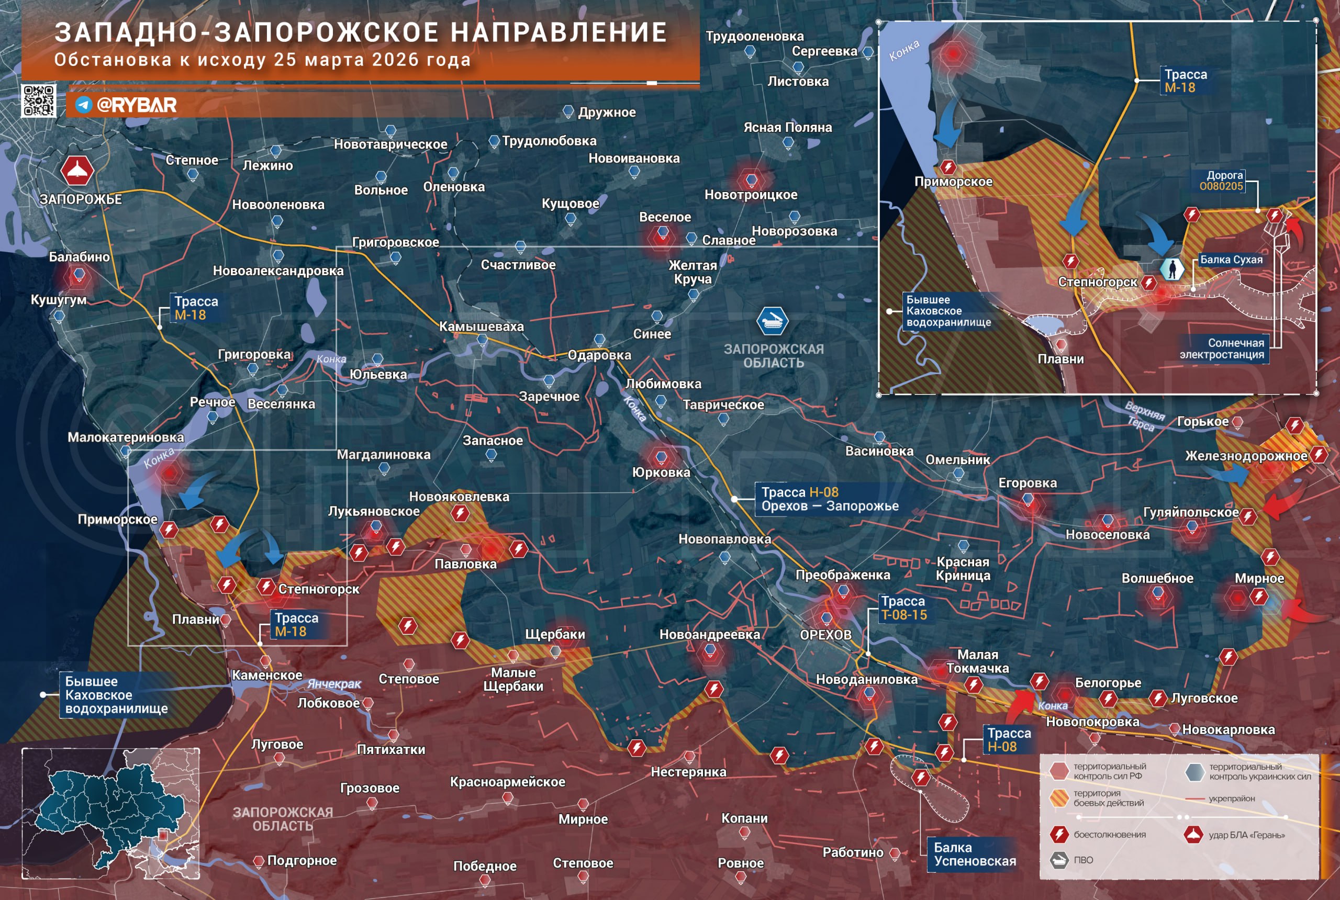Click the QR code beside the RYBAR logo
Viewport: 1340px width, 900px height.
38,100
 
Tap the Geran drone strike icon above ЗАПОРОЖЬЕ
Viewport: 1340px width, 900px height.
77,171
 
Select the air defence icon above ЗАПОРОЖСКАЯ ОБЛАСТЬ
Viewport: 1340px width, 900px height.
772,321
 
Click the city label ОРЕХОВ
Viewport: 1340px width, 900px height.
825,635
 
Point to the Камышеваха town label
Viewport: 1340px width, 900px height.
481,327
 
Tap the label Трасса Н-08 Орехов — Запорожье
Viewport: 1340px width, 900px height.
829,499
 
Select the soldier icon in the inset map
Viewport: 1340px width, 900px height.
1172,268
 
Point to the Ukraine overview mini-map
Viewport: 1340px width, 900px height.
111,813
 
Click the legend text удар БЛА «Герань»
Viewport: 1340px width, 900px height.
1246,835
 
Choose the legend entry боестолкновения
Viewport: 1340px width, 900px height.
1109,835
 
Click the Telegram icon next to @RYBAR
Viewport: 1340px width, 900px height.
84,105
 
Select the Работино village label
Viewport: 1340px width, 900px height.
853,852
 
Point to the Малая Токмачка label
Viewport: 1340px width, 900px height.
977,661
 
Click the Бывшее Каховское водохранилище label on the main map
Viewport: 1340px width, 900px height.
116,695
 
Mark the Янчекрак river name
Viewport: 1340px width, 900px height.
334,684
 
